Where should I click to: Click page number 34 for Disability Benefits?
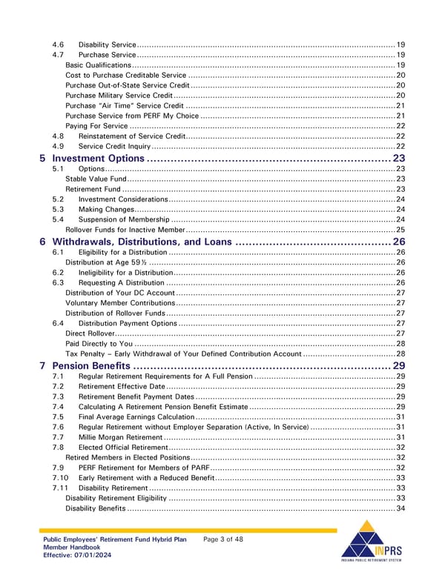click(400, 508)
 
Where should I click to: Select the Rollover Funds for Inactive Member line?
click(125, 230)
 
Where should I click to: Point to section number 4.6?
click(59, 44)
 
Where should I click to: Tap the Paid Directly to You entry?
click(99, 344)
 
